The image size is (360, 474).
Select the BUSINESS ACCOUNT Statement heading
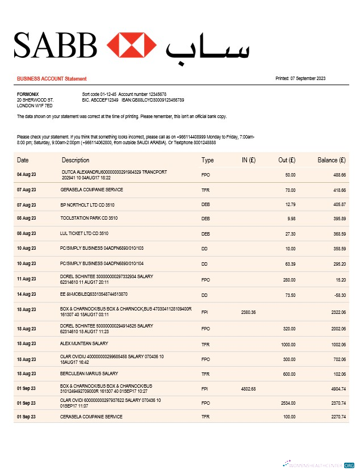(52, 79)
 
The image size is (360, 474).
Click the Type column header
(207, 160)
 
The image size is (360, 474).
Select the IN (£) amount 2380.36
(248, 312)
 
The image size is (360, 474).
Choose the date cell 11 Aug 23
(26, 279)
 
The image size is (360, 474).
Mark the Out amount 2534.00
(288, 403)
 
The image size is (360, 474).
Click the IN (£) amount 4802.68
(248, 388)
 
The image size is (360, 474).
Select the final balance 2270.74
(339, 417)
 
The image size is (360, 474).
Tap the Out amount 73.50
(290, 295)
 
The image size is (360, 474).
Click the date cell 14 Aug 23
(26, 295)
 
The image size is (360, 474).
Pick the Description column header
(76, 160)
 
